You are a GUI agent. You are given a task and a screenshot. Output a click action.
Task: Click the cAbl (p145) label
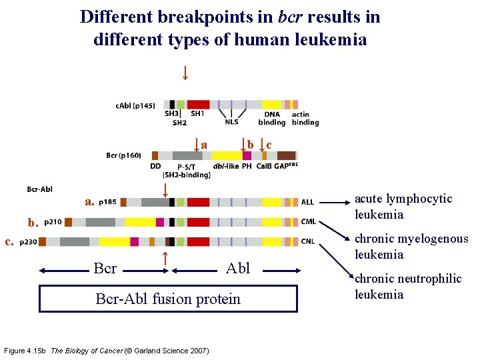click(x=135, y=105)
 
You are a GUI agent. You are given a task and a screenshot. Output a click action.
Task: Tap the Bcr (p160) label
click(x=123, y=155)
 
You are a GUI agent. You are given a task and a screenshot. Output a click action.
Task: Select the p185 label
click(x=107, y=202)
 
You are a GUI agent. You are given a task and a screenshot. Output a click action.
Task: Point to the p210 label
click(x=54, y=222)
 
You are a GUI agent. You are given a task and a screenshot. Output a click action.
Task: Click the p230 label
click(x=29, y=241)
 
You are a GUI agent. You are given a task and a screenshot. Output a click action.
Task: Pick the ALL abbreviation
click(x=307, y=203)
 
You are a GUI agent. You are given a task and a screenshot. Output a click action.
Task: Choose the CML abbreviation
click(x=308, y=222)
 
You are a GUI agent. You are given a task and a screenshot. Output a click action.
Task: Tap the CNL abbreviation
click(x=308, y=241)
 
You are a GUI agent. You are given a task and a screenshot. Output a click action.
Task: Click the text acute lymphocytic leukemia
click(x=403, y=207)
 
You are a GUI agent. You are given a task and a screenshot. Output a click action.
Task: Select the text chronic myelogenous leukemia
click(x=411, y=247)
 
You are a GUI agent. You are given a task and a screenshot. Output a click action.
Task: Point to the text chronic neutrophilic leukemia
click(x=407, y=287)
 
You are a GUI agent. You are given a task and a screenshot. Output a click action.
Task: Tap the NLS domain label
click(x=231, y=122)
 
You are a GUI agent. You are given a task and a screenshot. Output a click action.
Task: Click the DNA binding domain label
click(x=271, y=118)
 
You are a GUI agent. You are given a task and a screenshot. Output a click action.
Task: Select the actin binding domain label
click(x=305, y=118)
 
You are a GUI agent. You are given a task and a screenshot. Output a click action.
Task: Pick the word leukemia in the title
click(x=331, y=39)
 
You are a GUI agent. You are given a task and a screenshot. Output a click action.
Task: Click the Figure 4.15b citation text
click(x=107, y=351)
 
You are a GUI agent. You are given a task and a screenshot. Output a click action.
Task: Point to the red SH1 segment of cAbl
click(x=198, y=105)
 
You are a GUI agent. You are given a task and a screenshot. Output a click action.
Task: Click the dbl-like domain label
click(x=225, y=166)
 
